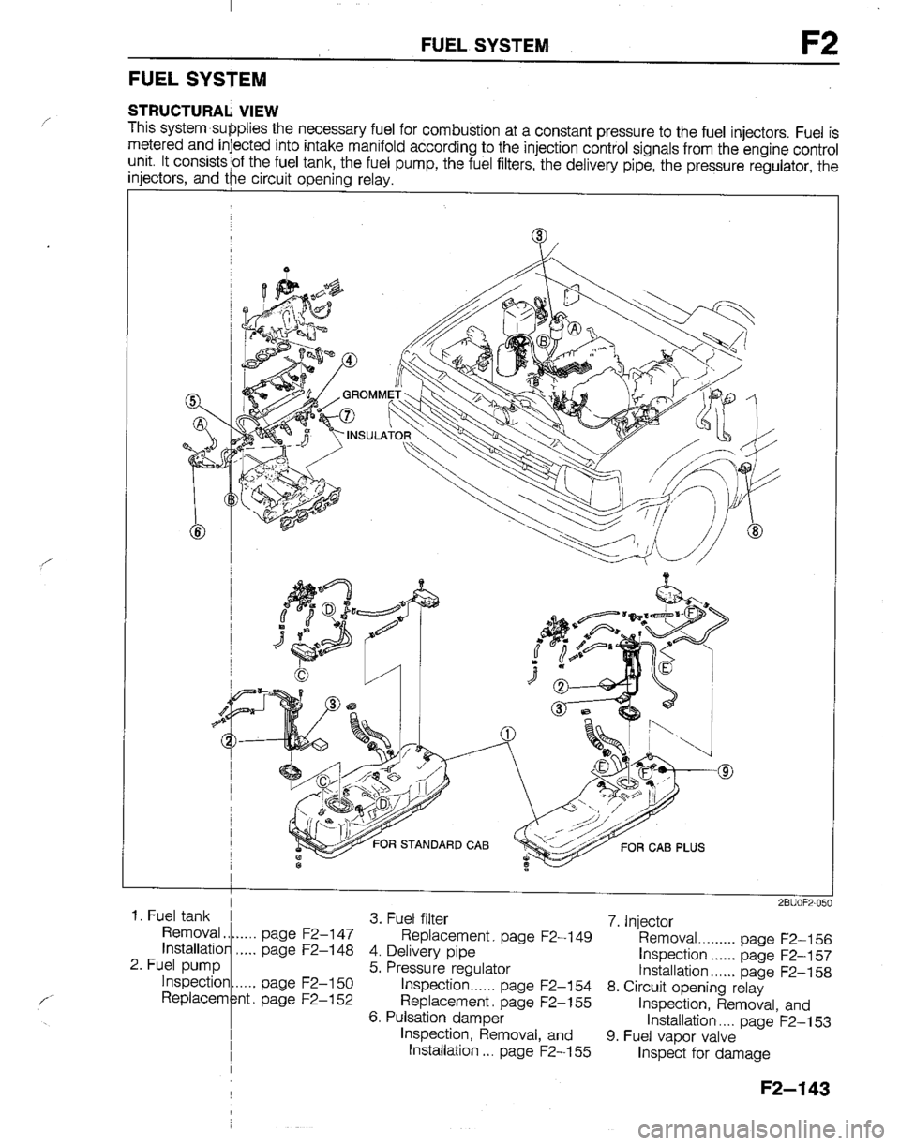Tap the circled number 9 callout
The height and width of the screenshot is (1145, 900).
[x=727, y=771]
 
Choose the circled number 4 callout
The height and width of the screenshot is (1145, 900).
[x=349, y=361]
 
